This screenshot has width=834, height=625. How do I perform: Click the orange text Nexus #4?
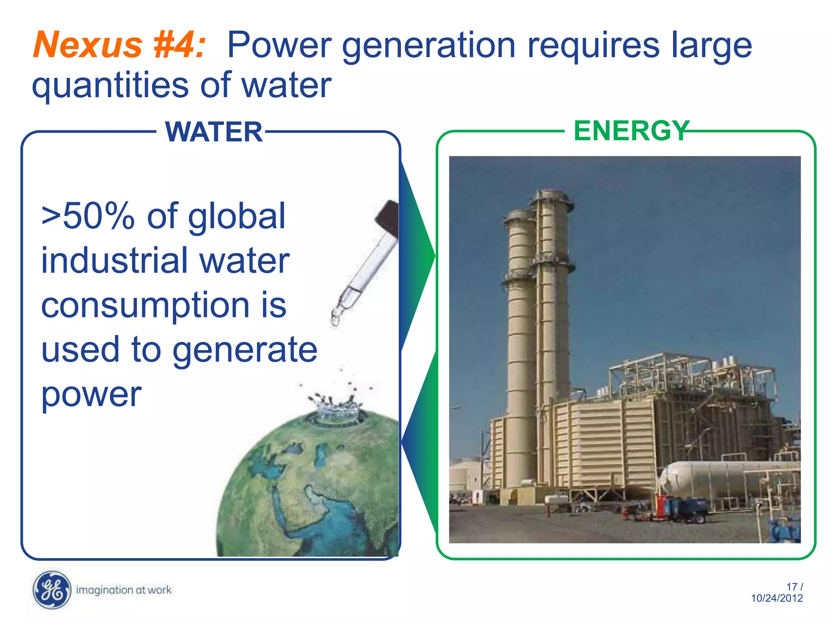click(119, 45)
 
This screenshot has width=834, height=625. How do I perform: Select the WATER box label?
click(214, 132)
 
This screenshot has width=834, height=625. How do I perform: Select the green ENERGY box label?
click(631, 131)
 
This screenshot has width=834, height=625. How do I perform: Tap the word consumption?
click(145, 306)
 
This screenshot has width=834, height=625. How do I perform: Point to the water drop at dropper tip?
click(335, 320)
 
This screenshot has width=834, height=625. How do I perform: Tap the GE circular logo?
click(51, 590)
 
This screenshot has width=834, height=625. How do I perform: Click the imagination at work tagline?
click(124, 590)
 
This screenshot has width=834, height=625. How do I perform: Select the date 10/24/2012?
click(777, 598)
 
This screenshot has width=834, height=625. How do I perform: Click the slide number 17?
click(792, 587)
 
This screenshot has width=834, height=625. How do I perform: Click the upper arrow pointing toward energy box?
click(417, 256)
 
